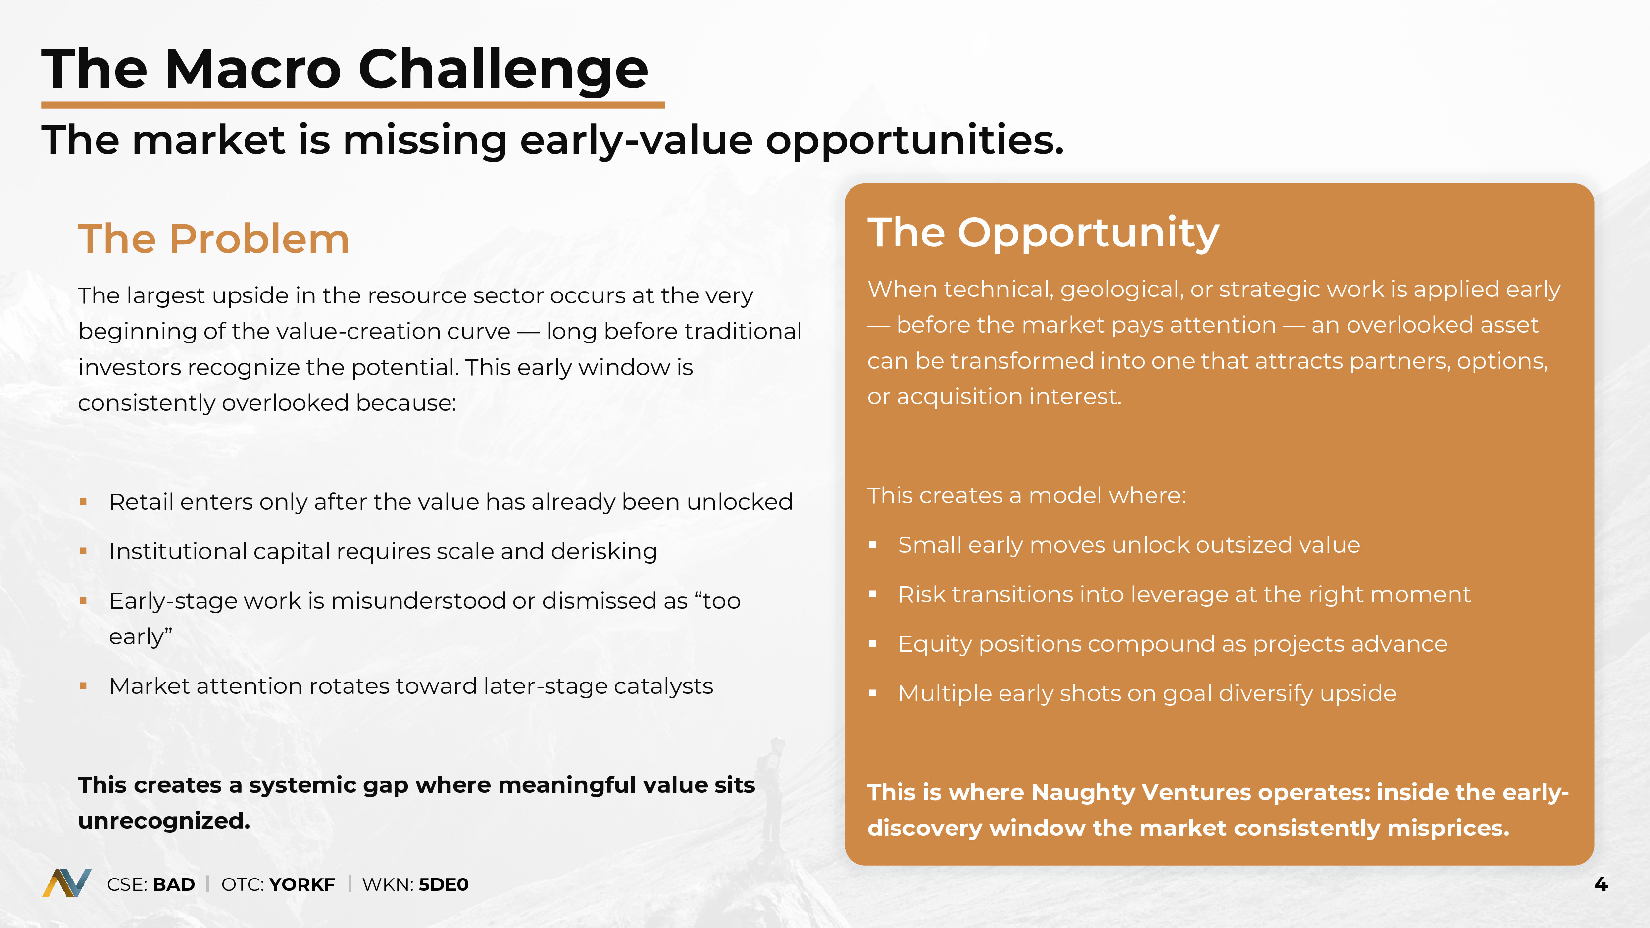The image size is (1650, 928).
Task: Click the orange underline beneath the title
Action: click(x=353, y=105)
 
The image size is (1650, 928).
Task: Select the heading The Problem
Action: click(x=214, y=239)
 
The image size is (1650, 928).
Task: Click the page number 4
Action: click(x=1600, y=884)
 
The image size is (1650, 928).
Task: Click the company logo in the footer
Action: click(x=67, y=883)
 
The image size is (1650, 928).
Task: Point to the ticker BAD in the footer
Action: click(x=174, y=884)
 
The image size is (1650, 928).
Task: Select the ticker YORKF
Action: click(x=301, y=884)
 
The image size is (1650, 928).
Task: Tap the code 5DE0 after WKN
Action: click(x=443, y=884)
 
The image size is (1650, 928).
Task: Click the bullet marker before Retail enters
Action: click(x=83, y=502)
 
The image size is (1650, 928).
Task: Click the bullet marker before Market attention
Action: click(x=83, y=686)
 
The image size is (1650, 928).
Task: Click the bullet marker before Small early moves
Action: click(x=872, y=545)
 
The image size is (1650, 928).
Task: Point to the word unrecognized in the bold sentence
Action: click(x=164, y=821)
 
